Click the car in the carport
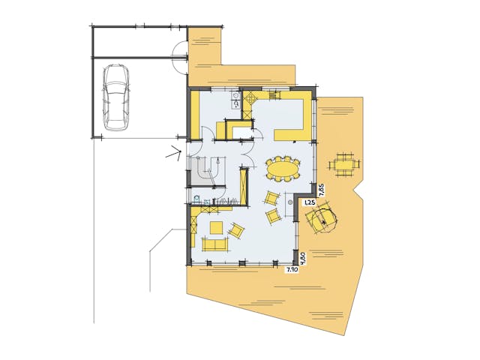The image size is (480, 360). [x=115, y=96]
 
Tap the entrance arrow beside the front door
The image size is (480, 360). [x=175, y=155]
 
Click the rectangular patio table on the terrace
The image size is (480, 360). [x=344, y=163]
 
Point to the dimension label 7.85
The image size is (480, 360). [x=322, y=187]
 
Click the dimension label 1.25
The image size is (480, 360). [x=307, y=202]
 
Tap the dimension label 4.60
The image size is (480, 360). [x=302, y=257]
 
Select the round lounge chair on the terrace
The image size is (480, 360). [x=322, y=218]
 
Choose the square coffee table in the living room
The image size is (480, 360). [x=216, y=227]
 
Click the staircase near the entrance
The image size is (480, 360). [x=206, y=171]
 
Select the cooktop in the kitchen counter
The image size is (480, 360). [x=250, y=98]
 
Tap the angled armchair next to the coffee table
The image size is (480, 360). [x=237, y=231]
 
